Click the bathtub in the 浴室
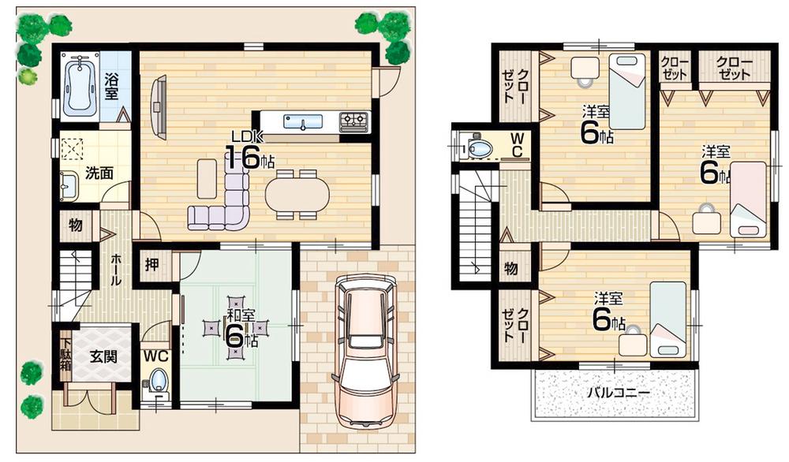79,84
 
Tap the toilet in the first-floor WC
158,382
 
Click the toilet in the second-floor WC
479,147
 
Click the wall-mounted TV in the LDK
159,105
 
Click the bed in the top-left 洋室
627,91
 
